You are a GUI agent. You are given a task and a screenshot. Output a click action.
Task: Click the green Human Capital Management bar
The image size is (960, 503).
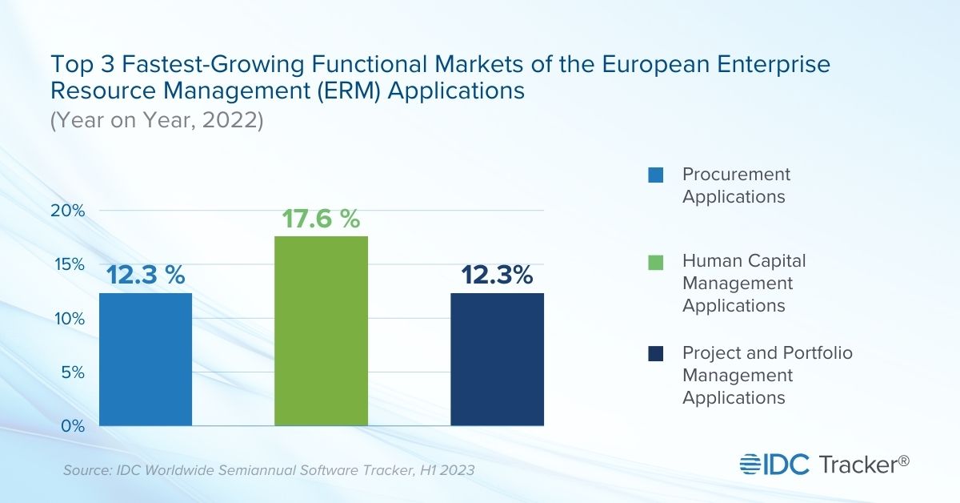click(x=322, y=330)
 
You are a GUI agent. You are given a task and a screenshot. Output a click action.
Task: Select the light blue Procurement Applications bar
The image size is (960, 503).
click(x=146, y=359)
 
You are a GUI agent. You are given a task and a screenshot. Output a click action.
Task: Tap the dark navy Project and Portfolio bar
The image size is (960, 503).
click(x=498, y=359)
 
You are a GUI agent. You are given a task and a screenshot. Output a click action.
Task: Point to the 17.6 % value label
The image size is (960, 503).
click(x=321, y=219)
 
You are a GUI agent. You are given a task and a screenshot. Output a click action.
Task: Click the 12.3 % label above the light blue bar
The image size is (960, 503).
click(x=146, y=276)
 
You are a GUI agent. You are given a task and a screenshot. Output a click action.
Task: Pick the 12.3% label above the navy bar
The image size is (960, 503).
click(x=497, y=276)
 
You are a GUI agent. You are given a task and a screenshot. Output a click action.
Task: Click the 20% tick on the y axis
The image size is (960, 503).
click(x=69, y=211)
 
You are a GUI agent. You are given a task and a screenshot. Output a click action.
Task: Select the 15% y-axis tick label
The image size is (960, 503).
click(x=69, y=264)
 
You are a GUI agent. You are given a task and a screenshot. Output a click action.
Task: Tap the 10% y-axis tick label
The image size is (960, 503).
click(x=69, y=318)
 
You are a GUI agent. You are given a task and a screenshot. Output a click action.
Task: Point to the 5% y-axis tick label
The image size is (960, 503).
click(x=72, y=372)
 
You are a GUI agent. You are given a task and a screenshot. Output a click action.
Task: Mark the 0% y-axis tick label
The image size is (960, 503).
click(x=72, y=425)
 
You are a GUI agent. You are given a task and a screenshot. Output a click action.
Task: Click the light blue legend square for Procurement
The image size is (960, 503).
click(x=656, y=175)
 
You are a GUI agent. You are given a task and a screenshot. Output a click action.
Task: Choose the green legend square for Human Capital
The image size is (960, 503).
click(x=656, y=262)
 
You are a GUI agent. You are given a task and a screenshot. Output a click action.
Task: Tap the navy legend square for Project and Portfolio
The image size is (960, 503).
click(x=656, y=353)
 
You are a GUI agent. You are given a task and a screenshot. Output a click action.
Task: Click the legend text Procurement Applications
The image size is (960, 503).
click(x=735, y=185)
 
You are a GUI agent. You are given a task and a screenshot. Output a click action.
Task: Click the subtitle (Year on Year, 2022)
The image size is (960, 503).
click(x=157, y=123)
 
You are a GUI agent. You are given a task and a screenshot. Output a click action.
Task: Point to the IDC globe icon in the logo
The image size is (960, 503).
click(x=751, y=464)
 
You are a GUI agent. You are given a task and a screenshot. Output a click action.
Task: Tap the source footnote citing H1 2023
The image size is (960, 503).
click(x=269, y=470)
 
